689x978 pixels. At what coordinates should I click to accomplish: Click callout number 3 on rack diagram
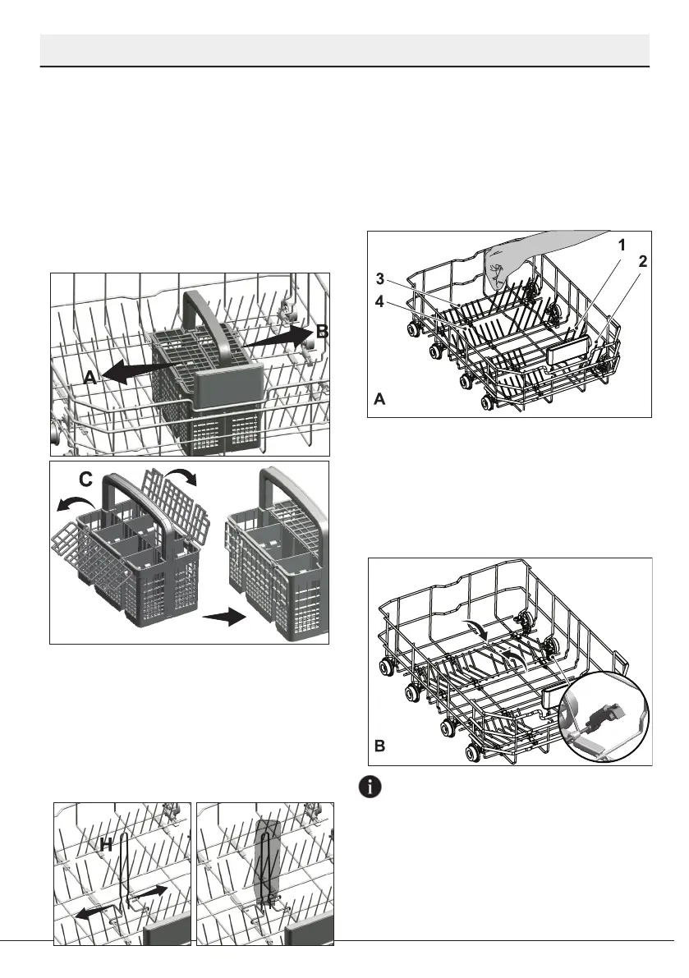coord(381,278)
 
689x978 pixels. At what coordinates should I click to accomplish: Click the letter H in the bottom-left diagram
coord(107,843)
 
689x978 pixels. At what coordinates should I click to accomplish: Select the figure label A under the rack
coord(380,399)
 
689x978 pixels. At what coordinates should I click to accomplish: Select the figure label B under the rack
coord(379,746)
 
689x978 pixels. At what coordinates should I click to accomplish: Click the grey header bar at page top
coord(345,49)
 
